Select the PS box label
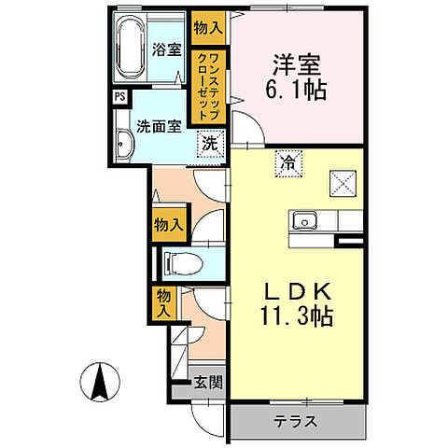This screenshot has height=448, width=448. pos(119,96)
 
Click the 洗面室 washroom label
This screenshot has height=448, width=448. pos(160,125)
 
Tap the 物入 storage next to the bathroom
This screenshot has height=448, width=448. pos(206,29)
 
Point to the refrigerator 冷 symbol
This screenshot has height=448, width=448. pos(283,161)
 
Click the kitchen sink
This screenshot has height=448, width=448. pos(303,221)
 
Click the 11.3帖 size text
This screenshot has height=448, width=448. pos(292,315)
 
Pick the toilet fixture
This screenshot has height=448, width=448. pos(177,264)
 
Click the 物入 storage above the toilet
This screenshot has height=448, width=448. pos(168,224)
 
